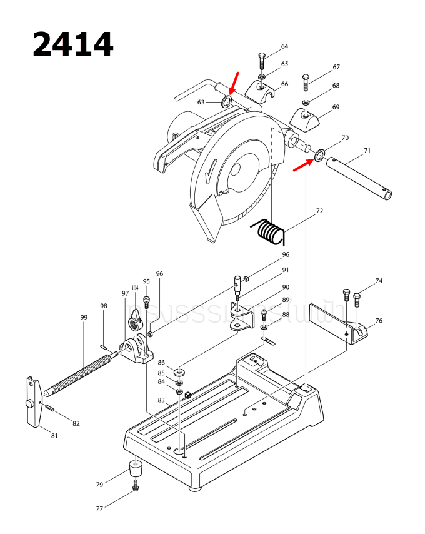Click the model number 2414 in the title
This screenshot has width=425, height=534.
pyautogui.click(x=73, y=44)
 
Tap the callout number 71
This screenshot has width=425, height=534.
pyautogui.click(x=367, y=151)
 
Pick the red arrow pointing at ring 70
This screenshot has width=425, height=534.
pyautogui.click(x=303, y=164)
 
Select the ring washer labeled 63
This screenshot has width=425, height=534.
pyautogui.click(x=227, y=101)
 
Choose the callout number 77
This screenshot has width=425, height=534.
pyautogui.click(x=99, y=509)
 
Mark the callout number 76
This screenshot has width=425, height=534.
pyautogui.click(x=379, y=321)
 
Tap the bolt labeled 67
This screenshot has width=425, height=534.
pyautogui.click(x=306, y=82)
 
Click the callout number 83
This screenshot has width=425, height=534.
pyautogui.click(x=161, y=400)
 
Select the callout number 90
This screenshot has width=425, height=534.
pyautogui.click(x=286, y=287)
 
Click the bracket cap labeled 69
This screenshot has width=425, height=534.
pyautogui.click(x=304, y=118)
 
